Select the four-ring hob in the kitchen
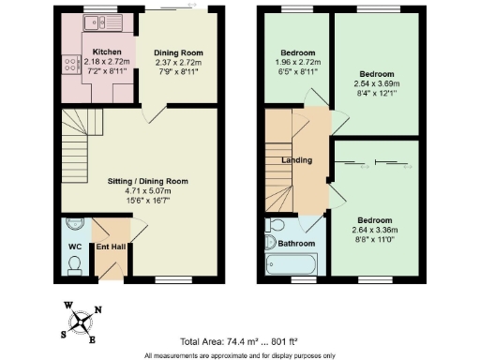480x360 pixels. (68, 65)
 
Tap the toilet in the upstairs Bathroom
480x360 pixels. (275, 227)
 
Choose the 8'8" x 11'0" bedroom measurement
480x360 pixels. (374, 238)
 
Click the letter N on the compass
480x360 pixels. (99, 312)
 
